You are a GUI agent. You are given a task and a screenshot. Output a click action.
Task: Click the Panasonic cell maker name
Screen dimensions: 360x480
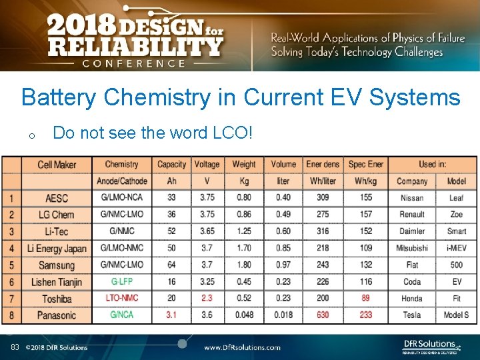(57, 315)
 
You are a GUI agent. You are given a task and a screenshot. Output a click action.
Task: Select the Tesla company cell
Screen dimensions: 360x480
(412, 315)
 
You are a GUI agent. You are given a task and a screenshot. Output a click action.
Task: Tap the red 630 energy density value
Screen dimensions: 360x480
(323, 315)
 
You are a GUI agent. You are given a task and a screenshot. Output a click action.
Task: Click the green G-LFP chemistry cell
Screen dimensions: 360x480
(121, 281)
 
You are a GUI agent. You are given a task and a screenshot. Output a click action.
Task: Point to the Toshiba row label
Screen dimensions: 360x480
(57, 298)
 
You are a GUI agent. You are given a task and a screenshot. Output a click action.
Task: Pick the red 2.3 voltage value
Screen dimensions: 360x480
(207, 298)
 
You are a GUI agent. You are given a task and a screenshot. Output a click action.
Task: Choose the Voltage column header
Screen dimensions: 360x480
(207, 164)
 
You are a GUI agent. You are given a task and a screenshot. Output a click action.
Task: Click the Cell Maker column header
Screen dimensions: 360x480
(57, 165)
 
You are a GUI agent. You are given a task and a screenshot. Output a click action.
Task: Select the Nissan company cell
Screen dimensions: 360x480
(412, 198)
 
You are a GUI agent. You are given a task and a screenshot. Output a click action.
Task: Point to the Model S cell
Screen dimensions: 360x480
(457, 315)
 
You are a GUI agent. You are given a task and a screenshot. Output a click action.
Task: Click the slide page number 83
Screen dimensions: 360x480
(15, 347)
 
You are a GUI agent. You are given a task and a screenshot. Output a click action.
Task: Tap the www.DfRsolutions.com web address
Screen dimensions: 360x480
(242, 347)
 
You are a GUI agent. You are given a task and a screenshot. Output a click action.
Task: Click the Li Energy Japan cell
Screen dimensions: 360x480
(57, 248)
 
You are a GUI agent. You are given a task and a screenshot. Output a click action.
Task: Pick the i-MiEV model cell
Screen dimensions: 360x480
(457, 248)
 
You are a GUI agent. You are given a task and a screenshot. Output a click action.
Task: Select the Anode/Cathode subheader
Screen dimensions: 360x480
(121, 181)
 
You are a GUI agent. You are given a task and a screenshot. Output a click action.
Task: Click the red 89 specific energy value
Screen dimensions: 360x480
(365, 298)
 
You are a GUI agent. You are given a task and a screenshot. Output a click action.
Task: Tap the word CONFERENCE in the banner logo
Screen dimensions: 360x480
(134, 63)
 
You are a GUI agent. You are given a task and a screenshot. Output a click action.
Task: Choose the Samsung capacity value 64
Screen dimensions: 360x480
(171, 265)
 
